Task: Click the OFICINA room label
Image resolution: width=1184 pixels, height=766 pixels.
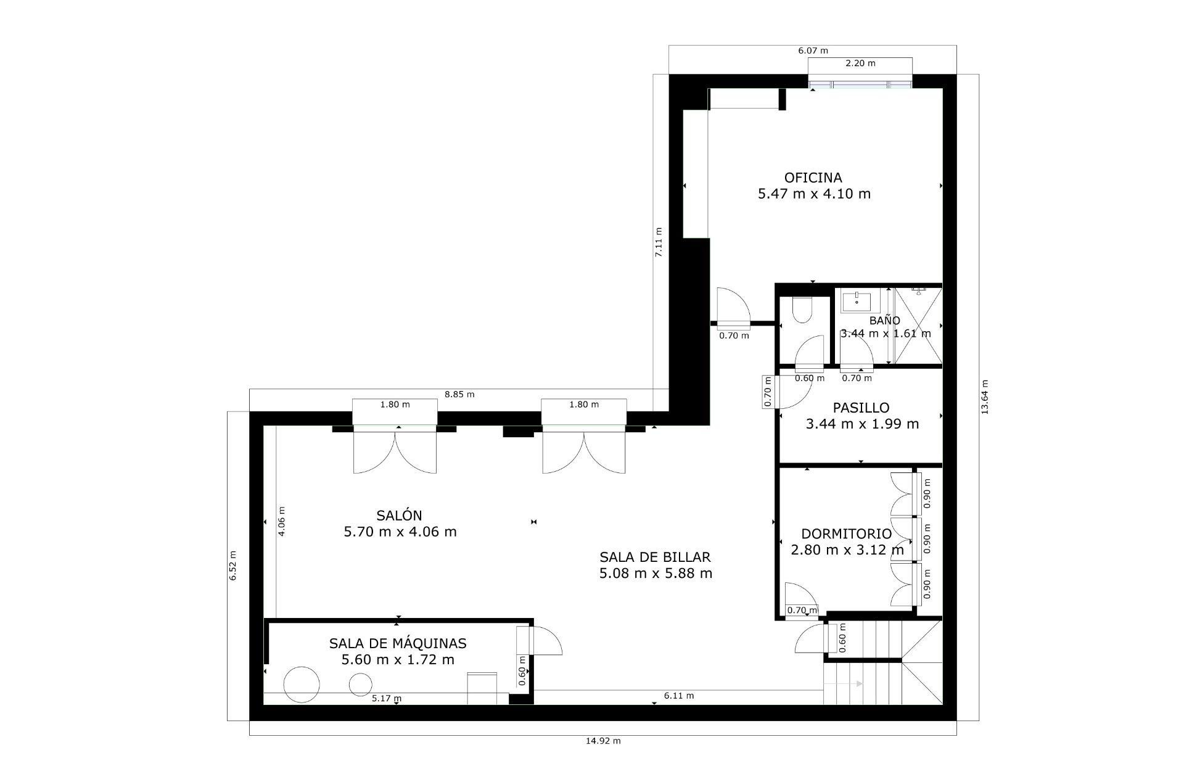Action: click(813, 178)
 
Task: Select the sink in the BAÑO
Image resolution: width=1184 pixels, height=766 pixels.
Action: click(857, 302)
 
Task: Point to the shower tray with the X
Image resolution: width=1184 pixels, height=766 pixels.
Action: click(918, 326)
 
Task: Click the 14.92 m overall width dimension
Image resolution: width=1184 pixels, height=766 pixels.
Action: click(602, 741)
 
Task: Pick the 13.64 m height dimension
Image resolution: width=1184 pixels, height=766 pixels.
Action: click(984, 397)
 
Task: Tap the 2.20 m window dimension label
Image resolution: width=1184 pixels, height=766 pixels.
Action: click(860, 63)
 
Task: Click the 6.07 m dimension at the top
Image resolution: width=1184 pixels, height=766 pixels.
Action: click(813, 51)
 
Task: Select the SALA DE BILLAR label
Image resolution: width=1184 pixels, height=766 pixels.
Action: click(655, 557)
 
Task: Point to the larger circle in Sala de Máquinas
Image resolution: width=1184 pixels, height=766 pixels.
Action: click(302, 685)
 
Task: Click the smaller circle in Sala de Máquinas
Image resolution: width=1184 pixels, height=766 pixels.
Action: click(361, 685)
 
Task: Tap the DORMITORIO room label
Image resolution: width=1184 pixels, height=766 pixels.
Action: click(846, 534)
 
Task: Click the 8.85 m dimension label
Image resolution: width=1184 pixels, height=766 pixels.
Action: click(459, 394)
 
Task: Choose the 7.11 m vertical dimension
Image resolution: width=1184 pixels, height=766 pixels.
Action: click(659, 242)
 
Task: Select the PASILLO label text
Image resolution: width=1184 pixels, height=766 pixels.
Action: click(861, 408)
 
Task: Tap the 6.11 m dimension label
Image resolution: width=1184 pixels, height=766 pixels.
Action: click(678, 696)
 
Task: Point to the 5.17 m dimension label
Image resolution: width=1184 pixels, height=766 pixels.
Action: click(387, 698)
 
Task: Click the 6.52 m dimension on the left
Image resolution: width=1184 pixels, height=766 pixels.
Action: click(233, 565)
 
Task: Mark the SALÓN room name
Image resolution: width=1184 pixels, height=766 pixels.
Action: click(399, 516)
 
